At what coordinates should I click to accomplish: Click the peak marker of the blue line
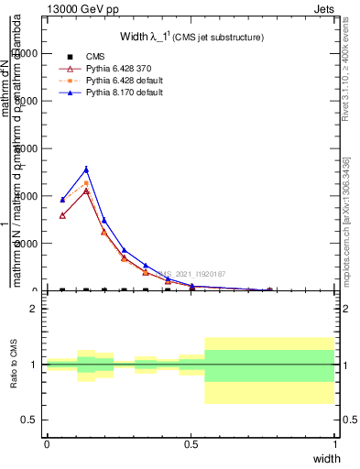pos(86,169)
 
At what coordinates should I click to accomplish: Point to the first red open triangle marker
pos(62,215)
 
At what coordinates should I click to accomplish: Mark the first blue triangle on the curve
pos(62,200)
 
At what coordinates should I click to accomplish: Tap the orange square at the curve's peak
pos(86,183)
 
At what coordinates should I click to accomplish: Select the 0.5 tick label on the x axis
pos(191,443)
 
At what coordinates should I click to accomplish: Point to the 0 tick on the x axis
pos(47,443)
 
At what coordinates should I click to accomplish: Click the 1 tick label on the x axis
pos(334,443)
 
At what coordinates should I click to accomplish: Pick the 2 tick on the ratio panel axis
pos(33,309)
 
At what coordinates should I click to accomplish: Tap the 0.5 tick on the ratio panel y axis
pos(28,420)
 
